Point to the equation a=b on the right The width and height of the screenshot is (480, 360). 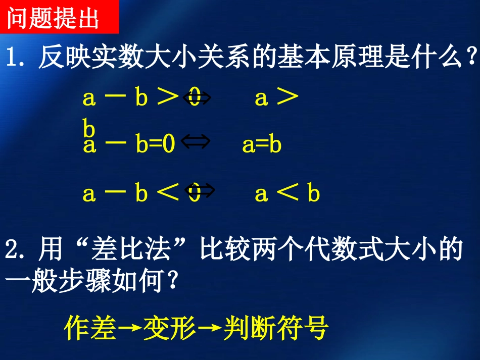point(262,145)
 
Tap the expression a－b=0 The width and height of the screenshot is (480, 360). point(129,145)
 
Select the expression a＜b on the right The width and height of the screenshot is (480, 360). point(287,193)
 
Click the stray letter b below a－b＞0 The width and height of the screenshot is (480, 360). point(89,130)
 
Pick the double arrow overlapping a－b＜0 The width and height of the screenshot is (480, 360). point(200,191)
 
